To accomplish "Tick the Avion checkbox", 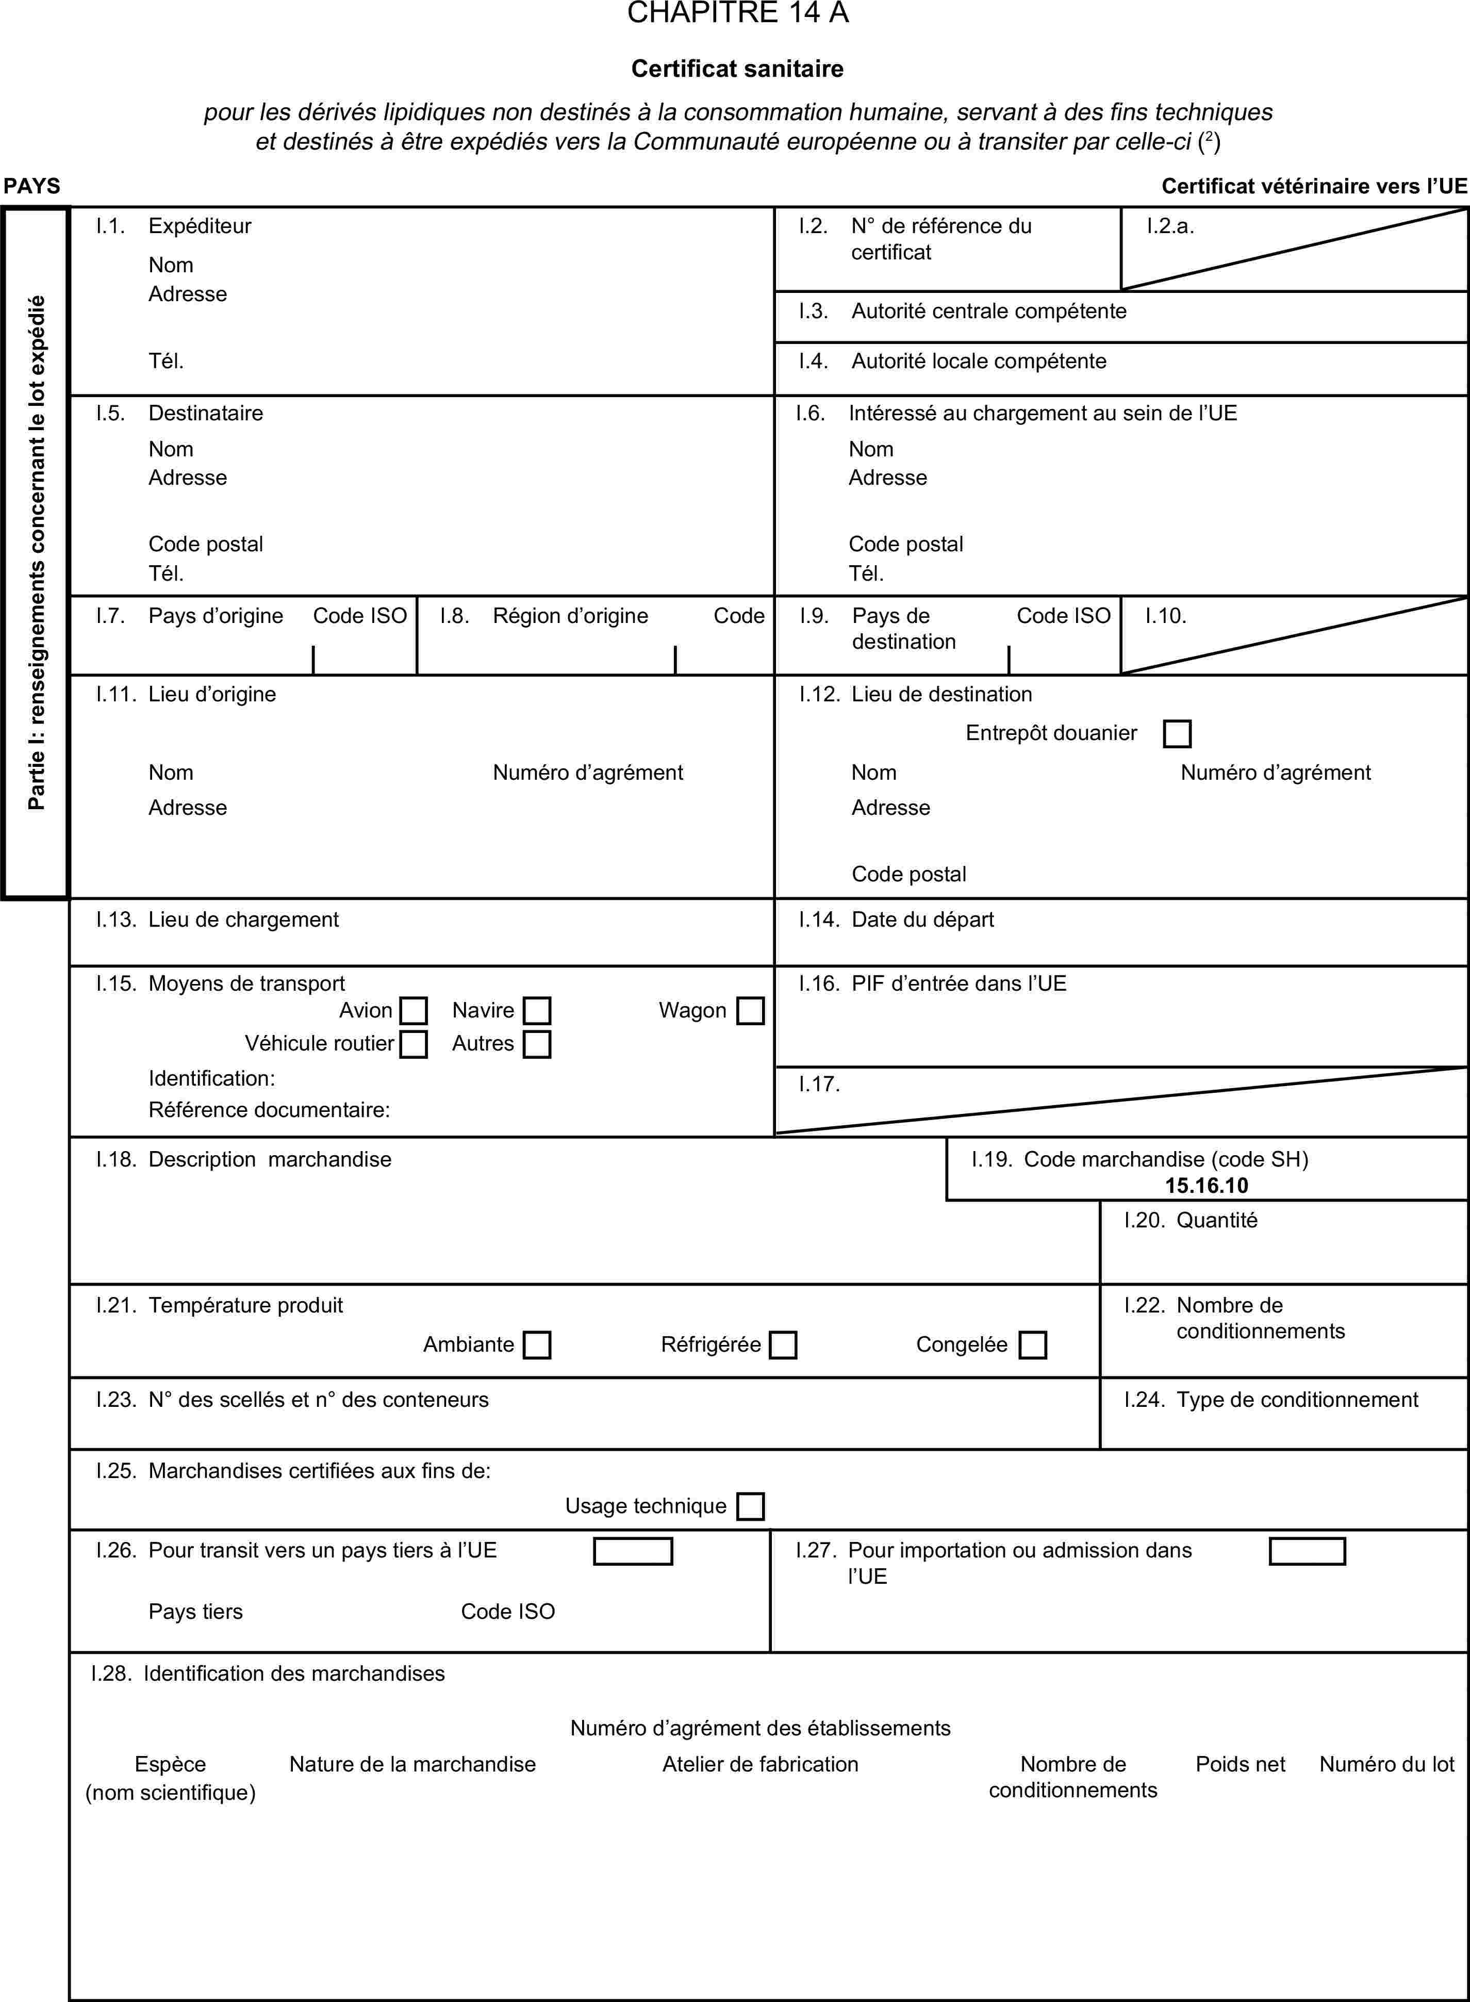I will tap(414, 1011).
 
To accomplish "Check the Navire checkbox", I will tap(537, 1011).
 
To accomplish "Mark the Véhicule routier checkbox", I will tap(414, 1044).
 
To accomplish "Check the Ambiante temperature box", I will tap(537, 1344).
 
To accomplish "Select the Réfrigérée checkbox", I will tap(783, 1344).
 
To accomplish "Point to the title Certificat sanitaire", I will tap(738, 69).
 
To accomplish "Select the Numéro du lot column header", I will tap(1386, 1764).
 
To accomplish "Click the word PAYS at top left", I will tap(32, 186).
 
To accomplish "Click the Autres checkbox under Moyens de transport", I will tap(537, 1044).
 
